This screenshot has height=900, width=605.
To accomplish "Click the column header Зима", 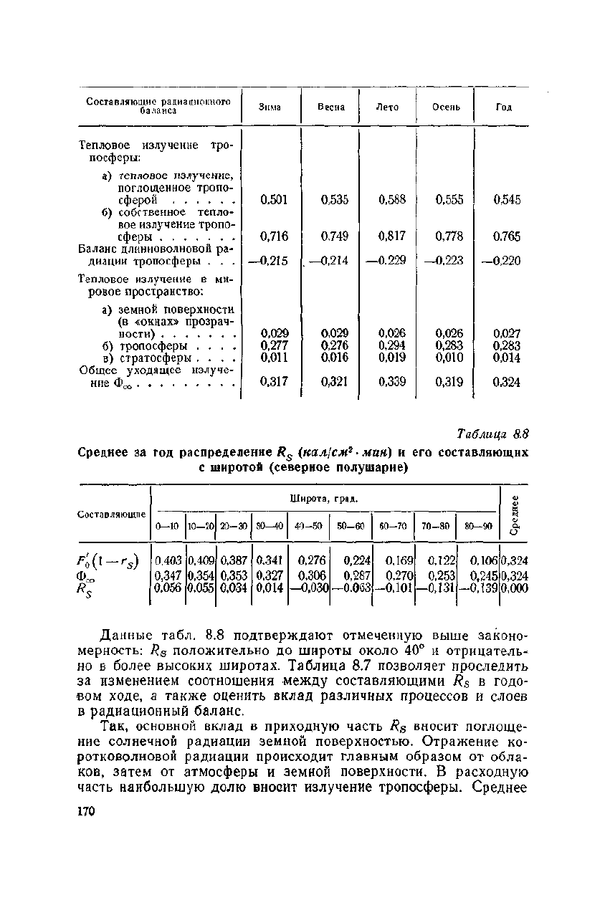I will (270, 107).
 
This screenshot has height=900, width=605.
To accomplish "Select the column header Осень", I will (445, 107).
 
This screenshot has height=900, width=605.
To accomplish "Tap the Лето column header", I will (387, 107).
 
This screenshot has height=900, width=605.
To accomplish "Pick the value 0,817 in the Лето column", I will (392, 236).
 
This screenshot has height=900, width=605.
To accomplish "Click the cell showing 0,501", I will (274, 200).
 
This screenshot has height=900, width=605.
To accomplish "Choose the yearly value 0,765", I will (506, 236).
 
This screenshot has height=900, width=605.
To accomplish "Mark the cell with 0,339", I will (392, 383).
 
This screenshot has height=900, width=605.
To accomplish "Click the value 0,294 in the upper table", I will (392, 345).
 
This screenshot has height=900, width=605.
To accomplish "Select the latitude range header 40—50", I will (308, 525).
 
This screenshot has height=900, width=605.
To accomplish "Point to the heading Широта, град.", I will (323, 498).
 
